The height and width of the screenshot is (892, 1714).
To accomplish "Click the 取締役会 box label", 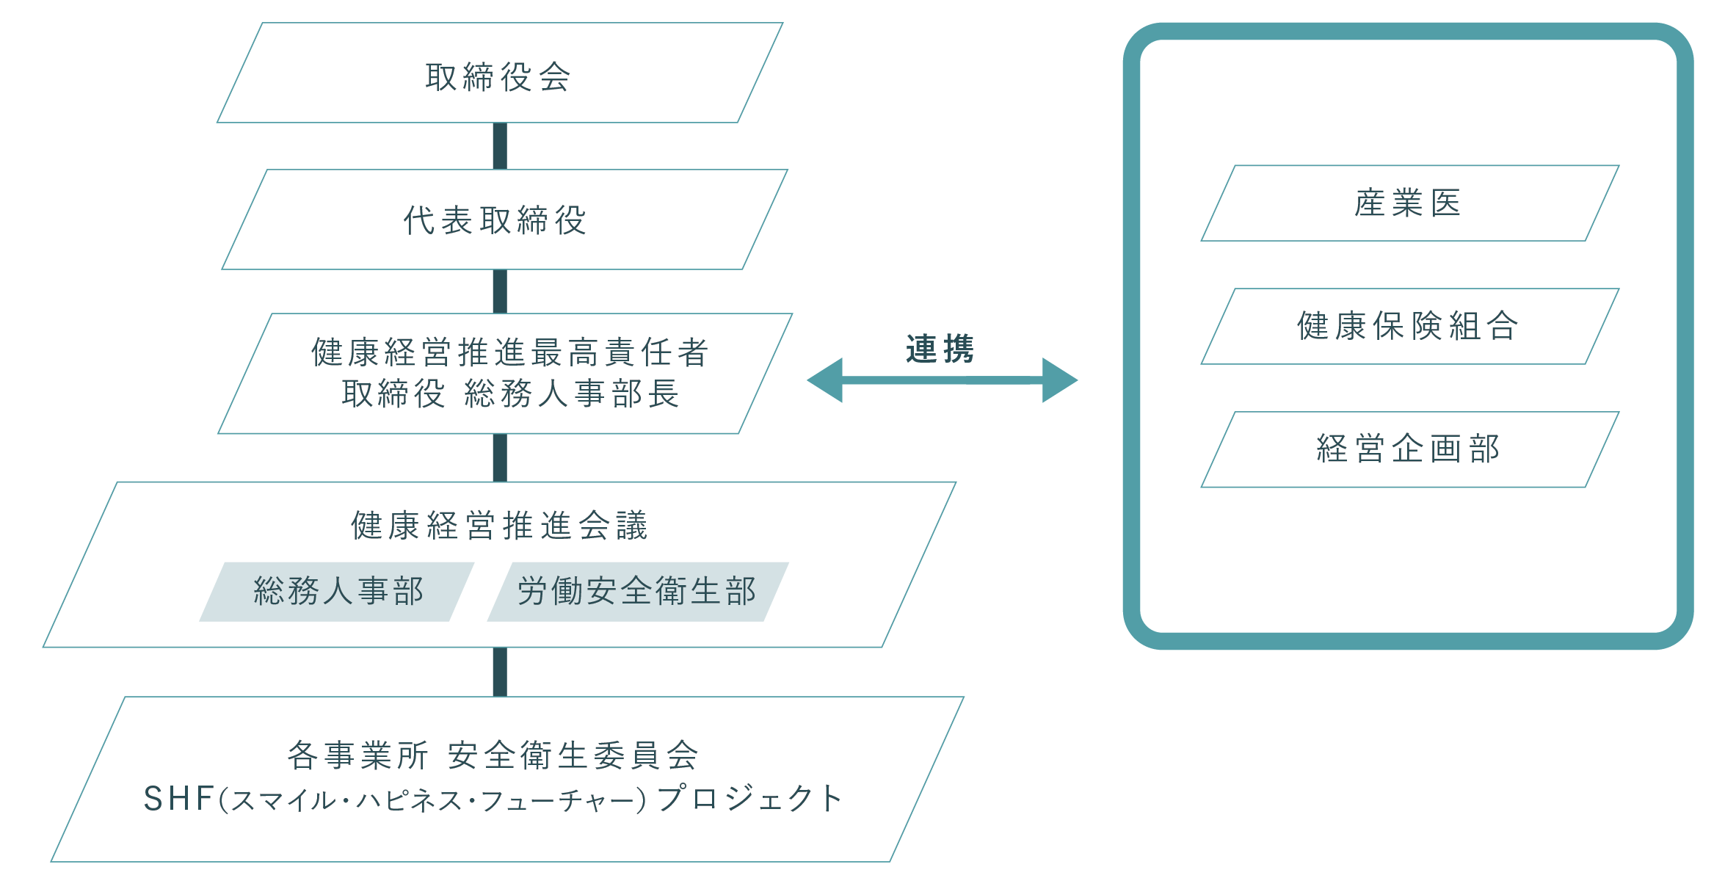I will click(x=498, y=77).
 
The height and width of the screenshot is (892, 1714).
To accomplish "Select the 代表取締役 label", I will click(x=495, y=220).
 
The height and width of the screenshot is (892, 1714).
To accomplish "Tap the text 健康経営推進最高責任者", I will click(x=509, y=352).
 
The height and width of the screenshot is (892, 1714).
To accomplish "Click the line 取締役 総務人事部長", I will click(x=510, y=394).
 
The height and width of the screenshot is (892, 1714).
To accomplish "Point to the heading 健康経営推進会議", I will click(x=499, y=526).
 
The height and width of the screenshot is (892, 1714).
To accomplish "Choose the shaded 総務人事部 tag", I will click(x=338, y=592).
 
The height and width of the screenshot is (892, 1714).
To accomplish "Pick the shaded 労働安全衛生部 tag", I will click(x=636, y=592).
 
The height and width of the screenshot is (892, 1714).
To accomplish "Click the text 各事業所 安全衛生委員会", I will click(x=493, y=755).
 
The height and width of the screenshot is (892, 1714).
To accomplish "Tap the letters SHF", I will click(x=178, y=799).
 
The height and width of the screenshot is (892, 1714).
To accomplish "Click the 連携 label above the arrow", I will click(x=940, y=349).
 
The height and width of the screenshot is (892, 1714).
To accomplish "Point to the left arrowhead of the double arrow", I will click(x=825, y=380).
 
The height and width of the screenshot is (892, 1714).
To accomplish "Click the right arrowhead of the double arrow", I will click(x=1060, y=380).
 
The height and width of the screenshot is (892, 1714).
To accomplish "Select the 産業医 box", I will click(x=1409, y=203).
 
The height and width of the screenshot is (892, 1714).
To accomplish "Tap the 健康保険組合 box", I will click(x=1409, y=327).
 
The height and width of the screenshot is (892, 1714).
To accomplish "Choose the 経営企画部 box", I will click(x=1409, y=449).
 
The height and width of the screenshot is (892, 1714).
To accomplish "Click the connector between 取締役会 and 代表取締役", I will click(x=500, y=146).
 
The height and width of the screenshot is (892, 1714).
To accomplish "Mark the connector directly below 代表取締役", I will click(x=500, y=291).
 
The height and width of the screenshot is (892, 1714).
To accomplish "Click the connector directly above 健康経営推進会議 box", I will click(x=500, y=457).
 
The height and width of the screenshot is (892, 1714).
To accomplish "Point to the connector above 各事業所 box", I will click(x=500, y=672).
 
